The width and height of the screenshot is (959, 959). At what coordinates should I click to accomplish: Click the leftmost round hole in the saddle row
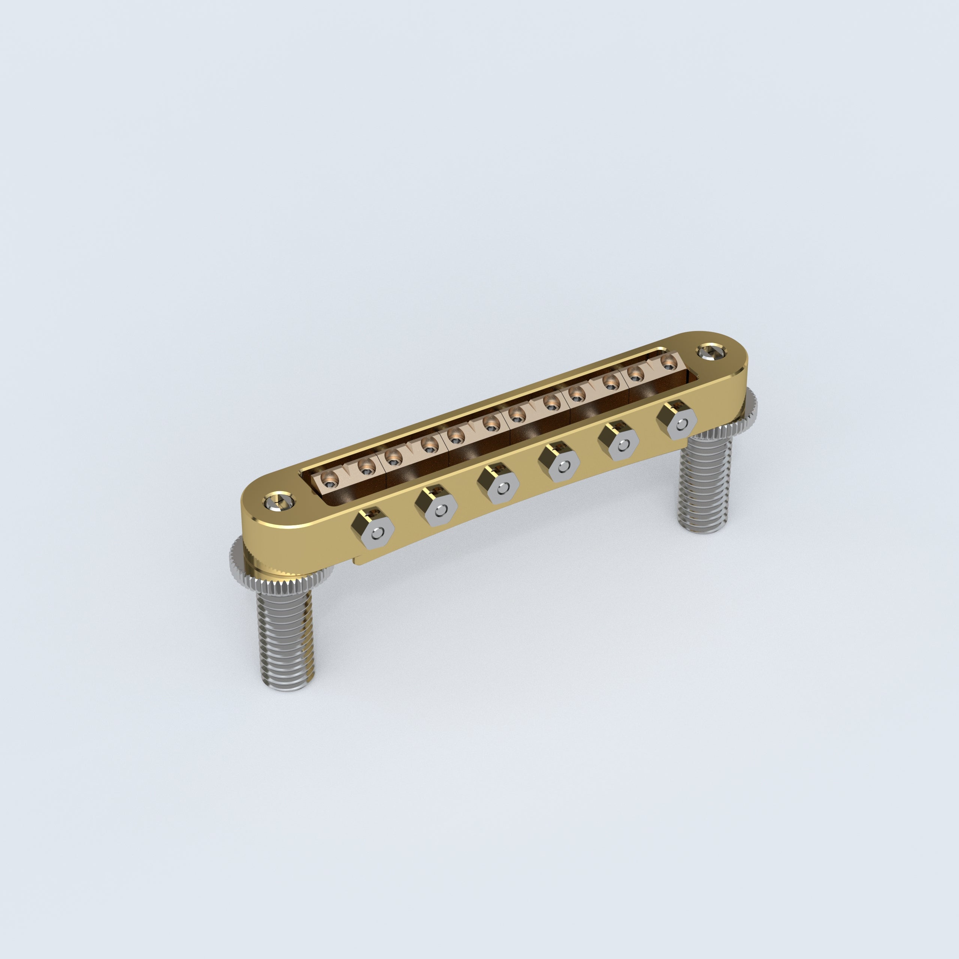tap(330, 479)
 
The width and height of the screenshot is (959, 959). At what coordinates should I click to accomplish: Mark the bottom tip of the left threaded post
tap(287, 687)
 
